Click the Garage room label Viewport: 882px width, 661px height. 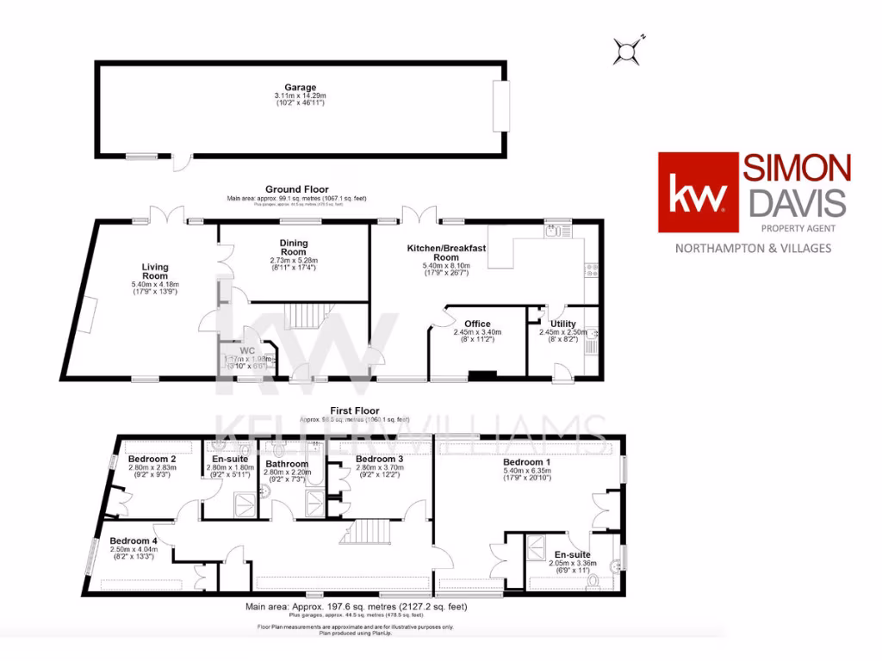pos(301,87)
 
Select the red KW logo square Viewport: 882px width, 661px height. pos(699,193)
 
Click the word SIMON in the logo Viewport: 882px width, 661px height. pos(798,168)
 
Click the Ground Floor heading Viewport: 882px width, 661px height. pos(296,189)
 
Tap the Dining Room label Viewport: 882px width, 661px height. pos(294,248)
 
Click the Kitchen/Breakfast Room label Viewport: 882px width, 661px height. pos(446,253)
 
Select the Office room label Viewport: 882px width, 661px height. pos(477,324)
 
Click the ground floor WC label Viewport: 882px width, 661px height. pos(247,352)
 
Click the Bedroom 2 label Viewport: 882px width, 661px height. pos(152,460)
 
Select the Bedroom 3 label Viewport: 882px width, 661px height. pos(379,460)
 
